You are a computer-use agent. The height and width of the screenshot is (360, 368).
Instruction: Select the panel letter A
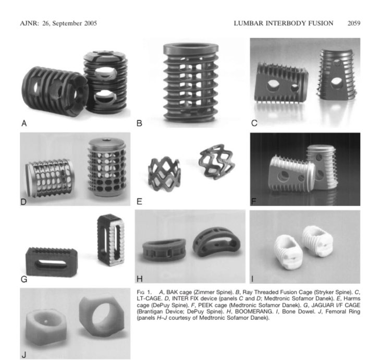click(x=23, y=124)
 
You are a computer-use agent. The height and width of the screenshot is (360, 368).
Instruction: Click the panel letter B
click(x=139, y=124)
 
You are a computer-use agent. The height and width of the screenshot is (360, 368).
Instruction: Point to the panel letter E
click(x=139, y=200)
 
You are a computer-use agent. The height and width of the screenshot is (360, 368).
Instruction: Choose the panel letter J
click(x=23, y=355)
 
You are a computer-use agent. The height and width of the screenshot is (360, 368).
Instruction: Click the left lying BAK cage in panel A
click(x=51, y=88)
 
